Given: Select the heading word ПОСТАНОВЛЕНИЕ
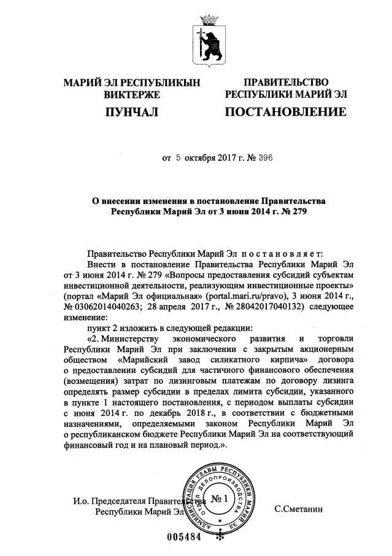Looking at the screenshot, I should tap(286, 112).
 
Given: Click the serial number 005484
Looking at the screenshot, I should tap(185, 536).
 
